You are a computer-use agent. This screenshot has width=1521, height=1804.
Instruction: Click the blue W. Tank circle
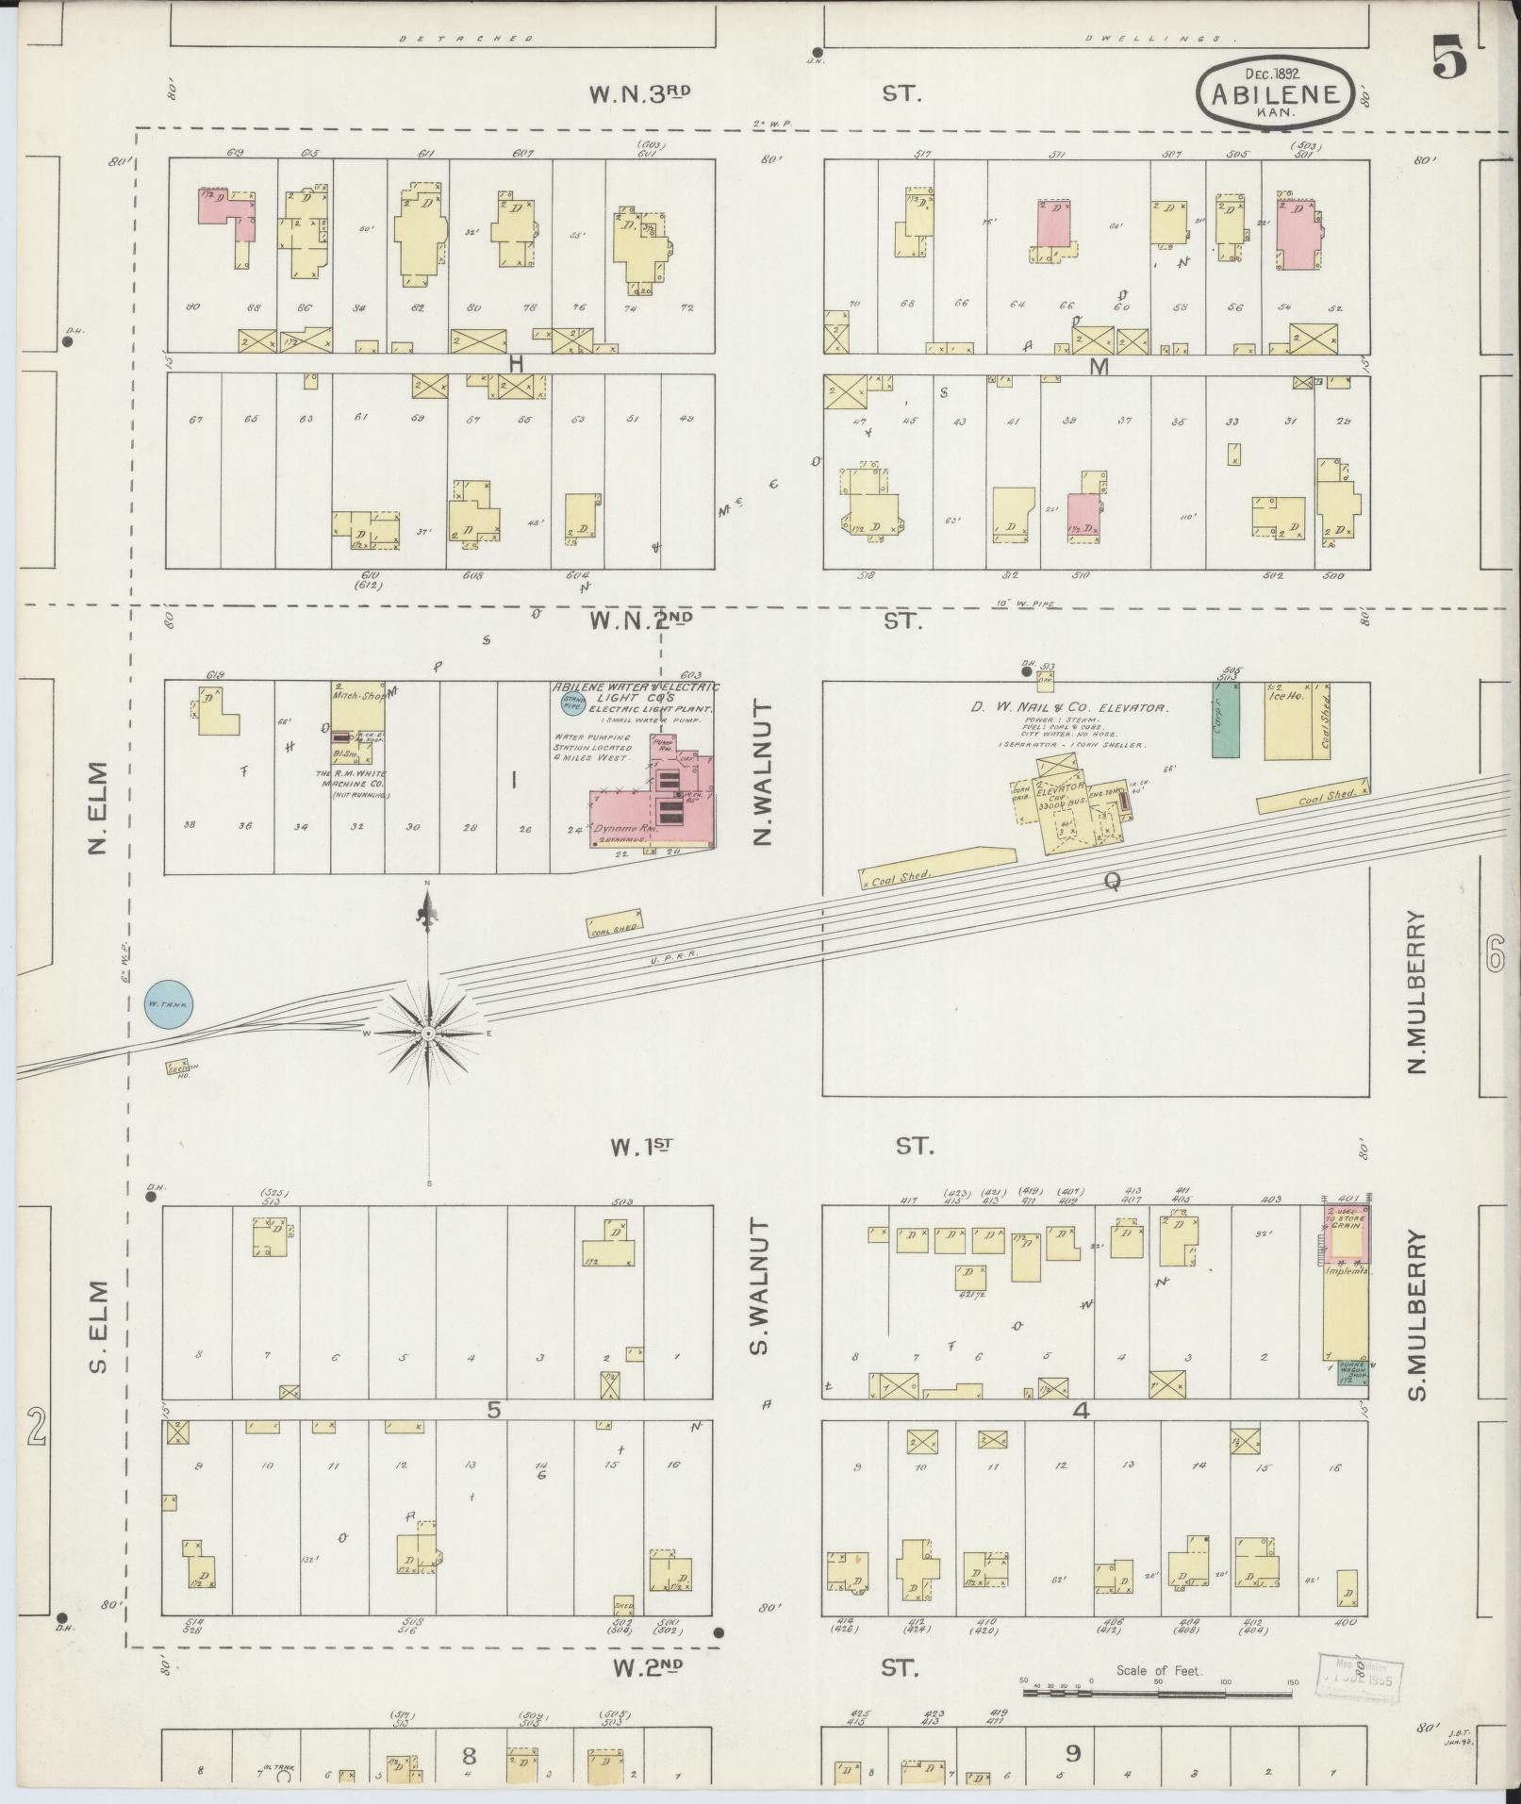(x=169, y=1004)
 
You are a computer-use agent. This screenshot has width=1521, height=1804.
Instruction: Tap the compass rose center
(x=429, y=1034)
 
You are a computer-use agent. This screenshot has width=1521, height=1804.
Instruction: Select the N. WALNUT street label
(x=763, y=773)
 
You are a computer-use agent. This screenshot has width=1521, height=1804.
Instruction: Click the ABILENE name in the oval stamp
(x=1274, y=93)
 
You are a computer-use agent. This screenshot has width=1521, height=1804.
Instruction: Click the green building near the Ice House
(x=1225, y=720)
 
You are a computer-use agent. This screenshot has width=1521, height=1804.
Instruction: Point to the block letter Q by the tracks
(x=1112, y=882)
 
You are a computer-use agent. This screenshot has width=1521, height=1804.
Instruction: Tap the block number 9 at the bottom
(x=1073, y=1753)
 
